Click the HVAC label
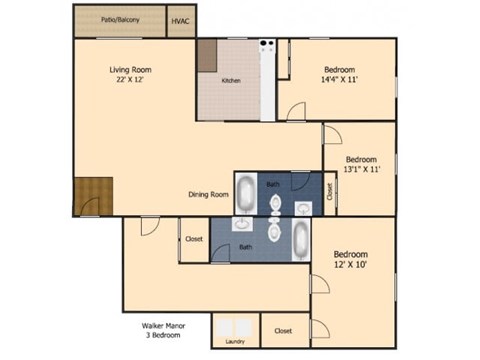pos(180,21)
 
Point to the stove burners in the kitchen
pos(267,44)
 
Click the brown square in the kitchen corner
pos(207,56)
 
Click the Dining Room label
pos(209,194)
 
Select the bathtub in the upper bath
pos(246,192)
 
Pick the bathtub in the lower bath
pos(301,240)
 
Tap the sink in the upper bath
pos(304,207)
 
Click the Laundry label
pos(236,341)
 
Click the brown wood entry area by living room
pos(91,194)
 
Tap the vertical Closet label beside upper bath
pos(330,191)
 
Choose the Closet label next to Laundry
pos(283,331)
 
